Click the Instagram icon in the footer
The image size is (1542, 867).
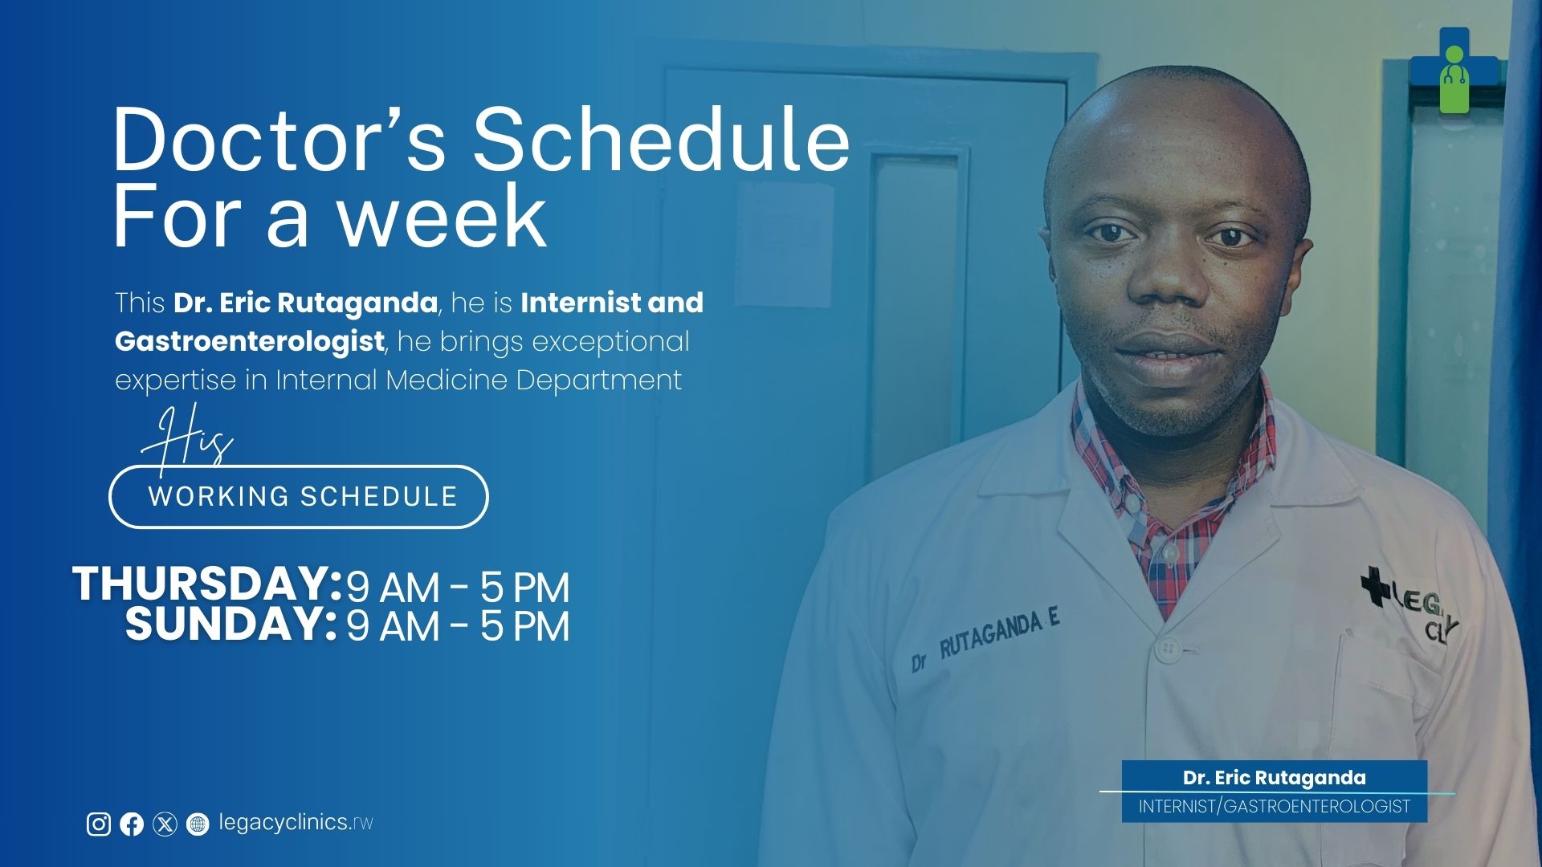[99, 824]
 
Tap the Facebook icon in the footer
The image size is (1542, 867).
[132, 824]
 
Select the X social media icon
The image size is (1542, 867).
[165, 824]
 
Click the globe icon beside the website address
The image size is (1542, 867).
[198, 824]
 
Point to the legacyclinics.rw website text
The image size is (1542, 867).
[296, 823]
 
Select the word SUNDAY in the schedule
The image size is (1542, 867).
[230, 625]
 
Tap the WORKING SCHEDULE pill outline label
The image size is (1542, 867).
[299, 497]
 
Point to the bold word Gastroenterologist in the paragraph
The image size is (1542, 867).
[249, 341]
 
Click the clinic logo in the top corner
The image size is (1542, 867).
[1454, 71]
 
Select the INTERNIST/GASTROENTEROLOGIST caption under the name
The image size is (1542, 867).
[1275, 807]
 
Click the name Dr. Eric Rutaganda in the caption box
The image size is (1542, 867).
[1275, 777]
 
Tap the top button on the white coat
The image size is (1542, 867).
[1169, 648]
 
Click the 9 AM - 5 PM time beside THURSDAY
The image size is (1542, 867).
[458, 587]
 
